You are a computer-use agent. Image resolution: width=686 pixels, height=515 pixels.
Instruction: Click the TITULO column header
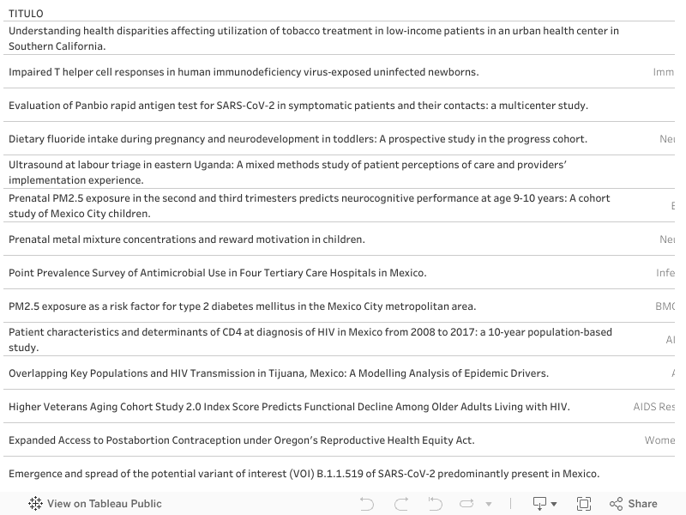click(x=26, y=14)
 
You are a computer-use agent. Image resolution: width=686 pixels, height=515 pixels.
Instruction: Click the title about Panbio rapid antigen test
click(x=298, y=106)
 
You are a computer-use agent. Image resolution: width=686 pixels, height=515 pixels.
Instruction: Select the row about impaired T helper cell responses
click(x=244, y=72)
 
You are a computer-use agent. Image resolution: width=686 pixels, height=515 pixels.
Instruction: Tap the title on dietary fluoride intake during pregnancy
click(x=298, y=139)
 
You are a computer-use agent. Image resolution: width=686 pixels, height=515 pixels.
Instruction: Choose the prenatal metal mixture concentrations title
click(x=186, y=239)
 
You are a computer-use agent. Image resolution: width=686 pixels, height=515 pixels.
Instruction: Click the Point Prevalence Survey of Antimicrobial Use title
click(x=217, y=273)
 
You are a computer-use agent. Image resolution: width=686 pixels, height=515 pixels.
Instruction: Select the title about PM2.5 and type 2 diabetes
click(x=242, y=306)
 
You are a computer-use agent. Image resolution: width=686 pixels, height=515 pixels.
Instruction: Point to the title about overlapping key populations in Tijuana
click(x=279, y=373)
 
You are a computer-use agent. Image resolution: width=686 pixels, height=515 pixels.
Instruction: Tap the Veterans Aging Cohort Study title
click(x=289, y=407)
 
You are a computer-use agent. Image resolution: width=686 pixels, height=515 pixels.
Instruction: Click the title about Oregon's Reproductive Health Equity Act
click(x=241, y=440)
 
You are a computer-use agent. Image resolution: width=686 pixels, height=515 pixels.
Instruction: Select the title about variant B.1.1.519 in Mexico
click(x=304, y=474)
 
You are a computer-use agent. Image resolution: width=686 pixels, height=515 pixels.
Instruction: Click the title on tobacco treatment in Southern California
click(x=313, y=39)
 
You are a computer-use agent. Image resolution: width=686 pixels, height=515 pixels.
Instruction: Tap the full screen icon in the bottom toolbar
click(x=584, y=504)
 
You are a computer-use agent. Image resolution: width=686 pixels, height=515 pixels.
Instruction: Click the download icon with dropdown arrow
click(x=545, y=504)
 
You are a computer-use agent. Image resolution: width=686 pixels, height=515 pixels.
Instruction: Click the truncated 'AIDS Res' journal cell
click(x=653, y=407)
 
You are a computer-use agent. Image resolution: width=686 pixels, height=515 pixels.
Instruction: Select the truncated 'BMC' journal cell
click(x=665, y=306)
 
